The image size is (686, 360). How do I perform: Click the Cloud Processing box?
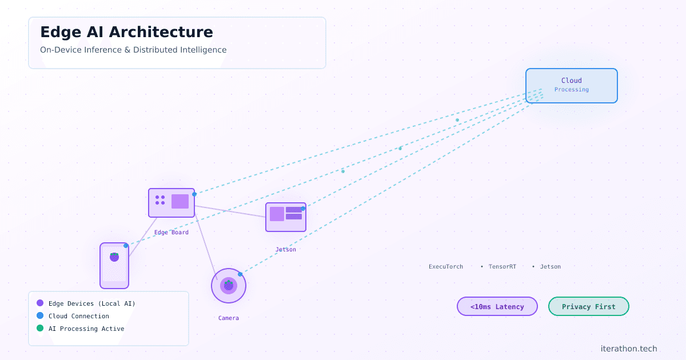tap(572, 86)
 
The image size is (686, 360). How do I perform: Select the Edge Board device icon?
tap(171, 203)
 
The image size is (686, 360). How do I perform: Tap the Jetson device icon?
tap(286, 217)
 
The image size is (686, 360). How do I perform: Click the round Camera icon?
tap(229, 286)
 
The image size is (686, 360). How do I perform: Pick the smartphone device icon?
tap(114, 266)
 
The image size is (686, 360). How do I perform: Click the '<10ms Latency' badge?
tap(497, 307)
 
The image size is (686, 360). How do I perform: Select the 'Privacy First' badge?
tap(589, 307)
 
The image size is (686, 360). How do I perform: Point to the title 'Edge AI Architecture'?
tap(126, 32)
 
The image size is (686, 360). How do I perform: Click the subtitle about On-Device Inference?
tap(133, 50)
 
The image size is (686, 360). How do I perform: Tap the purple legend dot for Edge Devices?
tap(40, 303)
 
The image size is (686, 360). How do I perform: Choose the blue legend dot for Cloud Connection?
tap(40, 316)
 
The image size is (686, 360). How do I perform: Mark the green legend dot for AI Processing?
tap(40, 329)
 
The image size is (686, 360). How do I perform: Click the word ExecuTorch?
tap(446, 267)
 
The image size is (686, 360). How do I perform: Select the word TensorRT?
tap(502, 267)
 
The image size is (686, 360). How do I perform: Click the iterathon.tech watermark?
tap(629, 349)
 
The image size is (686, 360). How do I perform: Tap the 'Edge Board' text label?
tap(171, 233)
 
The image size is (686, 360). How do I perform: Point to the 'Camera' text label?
tap(229, 318)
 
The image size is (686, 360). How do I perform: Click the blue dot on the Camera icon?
tap(240, 274)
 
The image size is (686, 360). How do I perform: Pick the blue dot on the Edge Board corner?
tap(194, 194)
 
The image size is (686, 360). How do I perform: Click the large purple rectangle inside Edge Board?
tap(180, 201)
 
